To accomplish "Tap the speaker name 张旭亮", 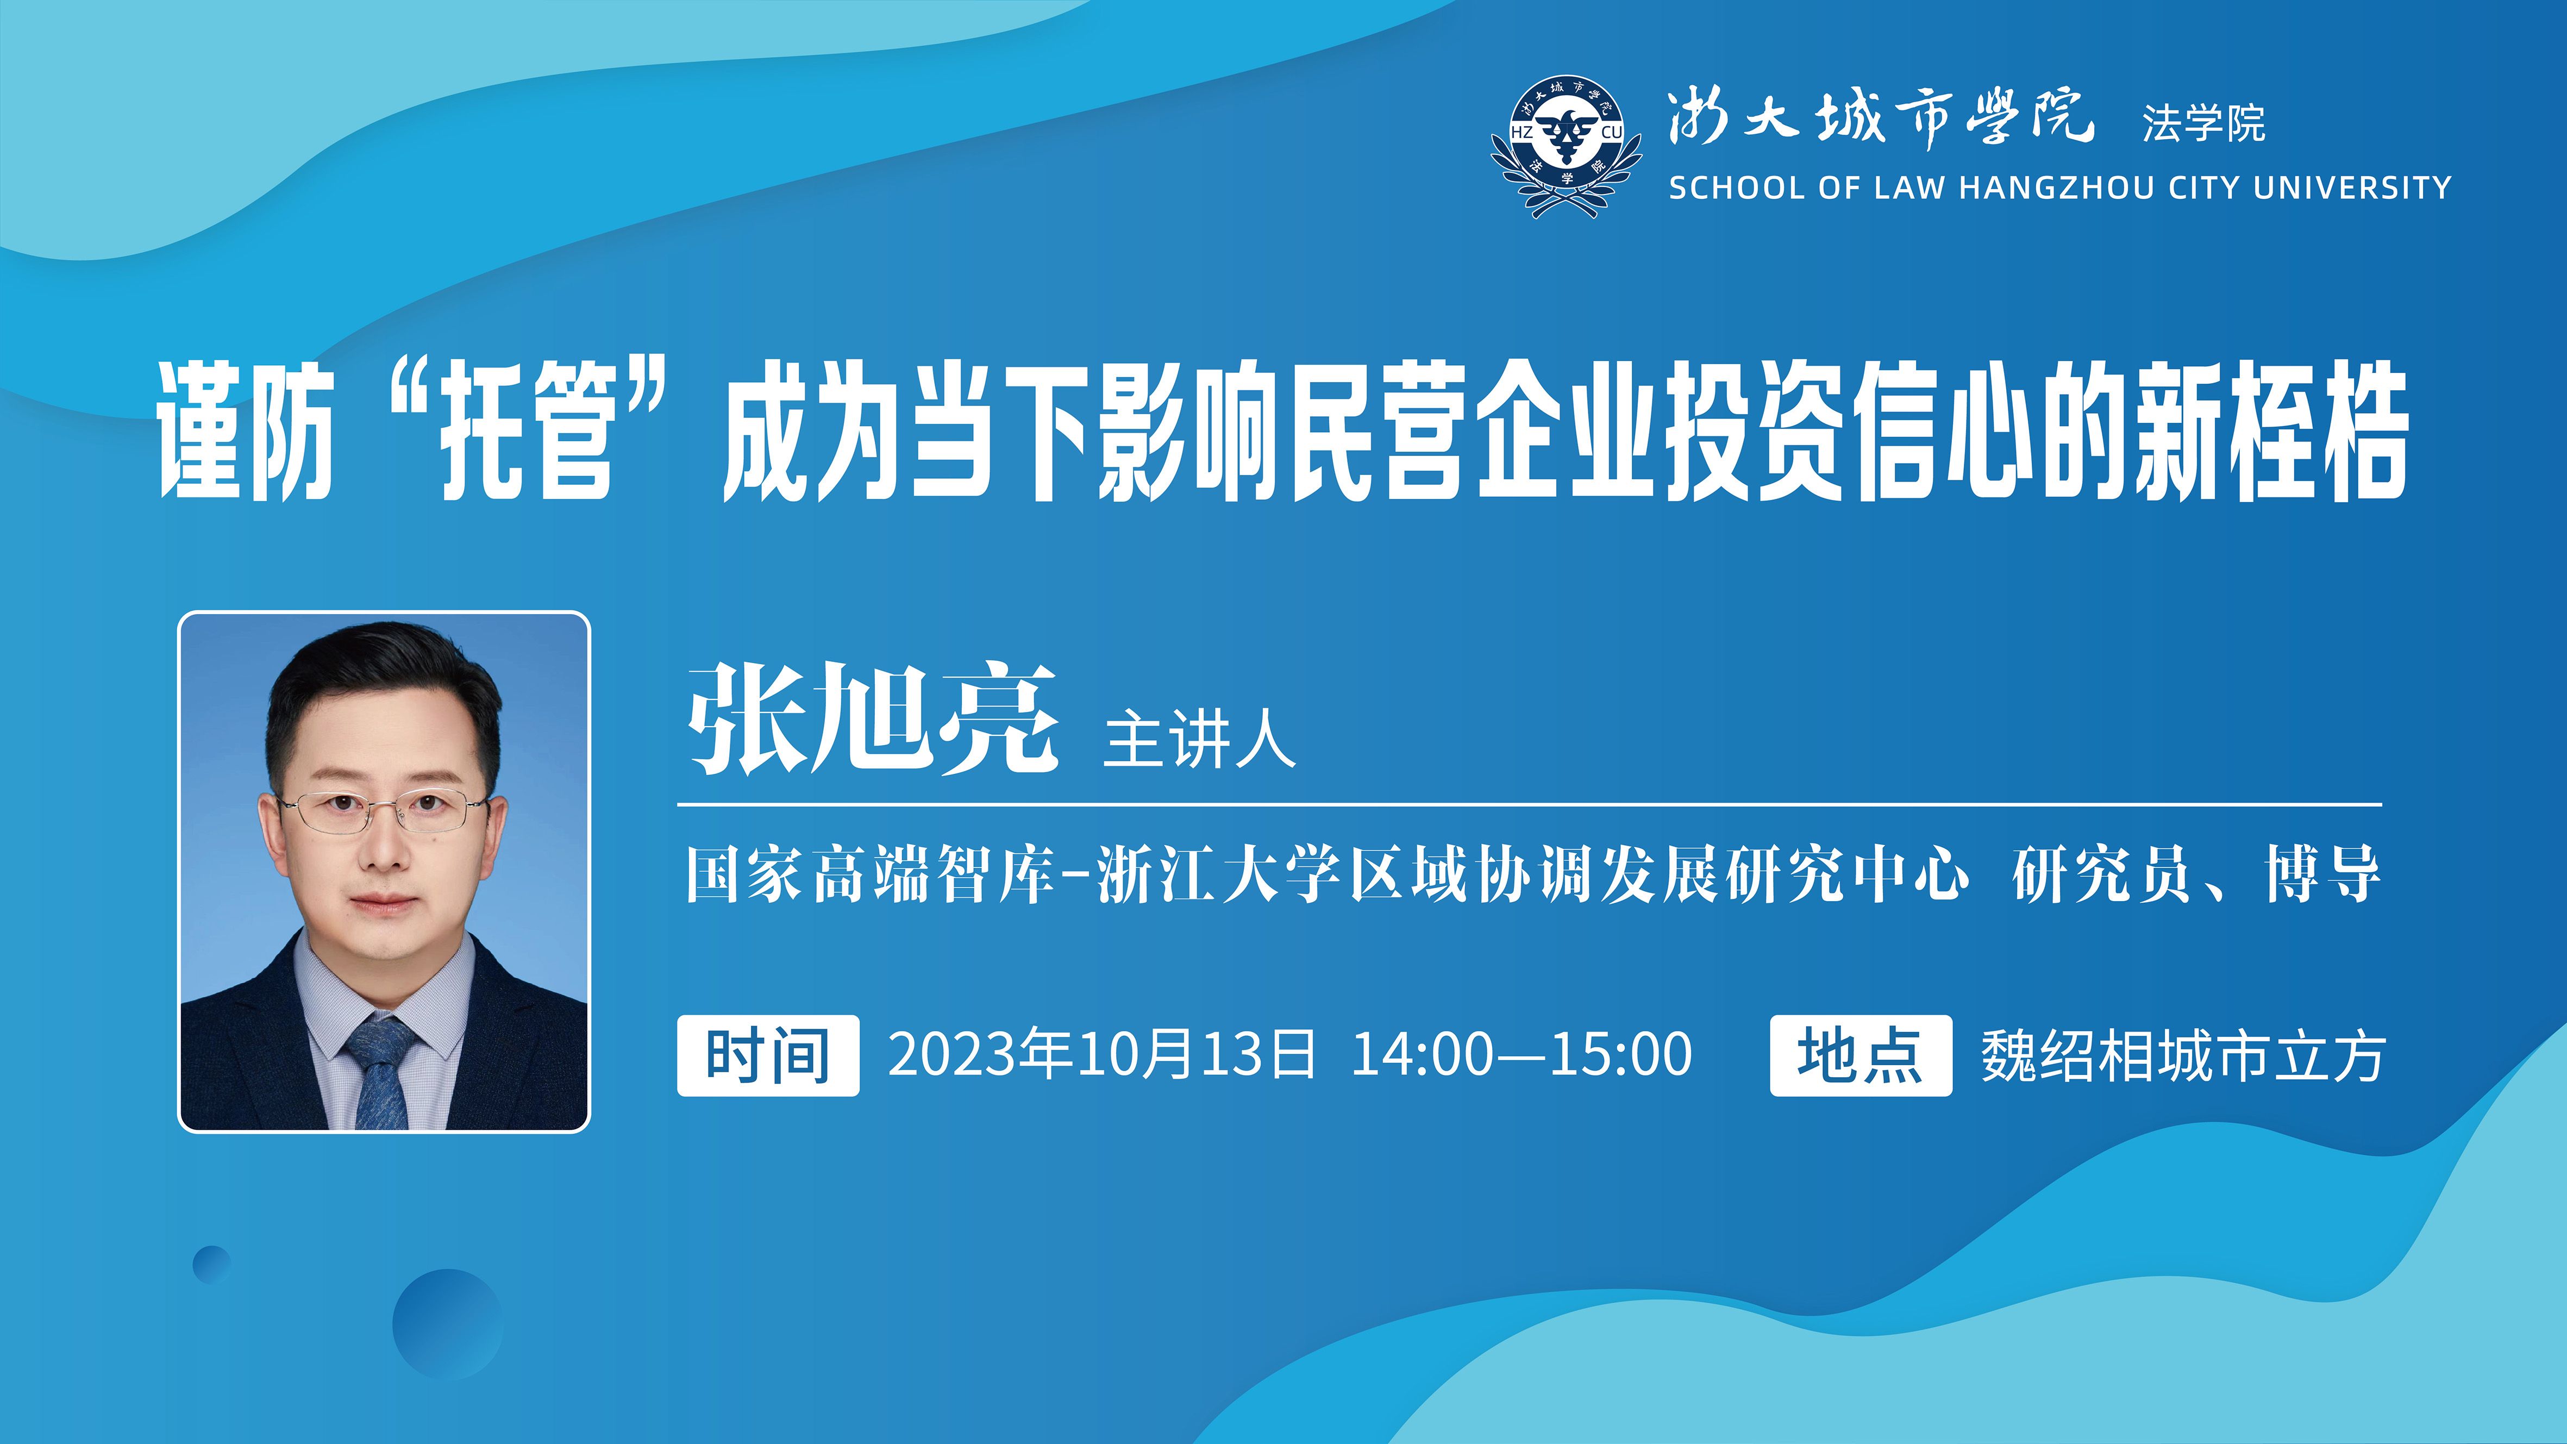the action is (x=872, y=720).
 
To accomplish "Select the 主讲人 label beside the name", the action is (x=1199, y=740).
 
